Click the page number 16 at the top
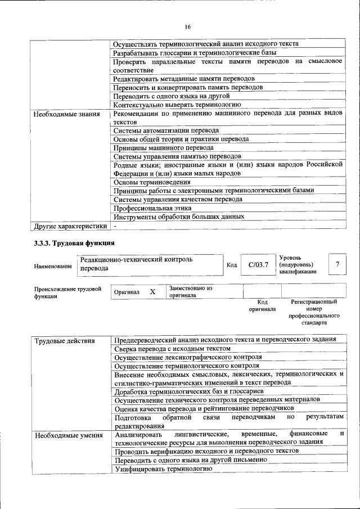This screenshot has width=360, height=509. (187, 26)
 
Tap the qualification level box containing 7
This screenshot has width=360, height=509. (337, 264)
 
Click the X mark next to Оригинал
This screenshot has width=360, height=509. (152, 292)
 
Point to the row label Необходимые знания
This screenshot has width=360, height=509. (66, 114)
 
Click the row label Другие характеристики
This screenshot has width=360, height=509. (70, 226)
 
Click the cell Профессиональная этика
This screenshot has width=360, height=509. (152, 208)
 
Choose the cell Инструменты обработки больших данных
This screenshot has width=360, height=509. (179, 216)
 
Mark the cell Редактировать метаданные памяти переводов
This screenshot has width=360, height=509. (184, 79)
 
